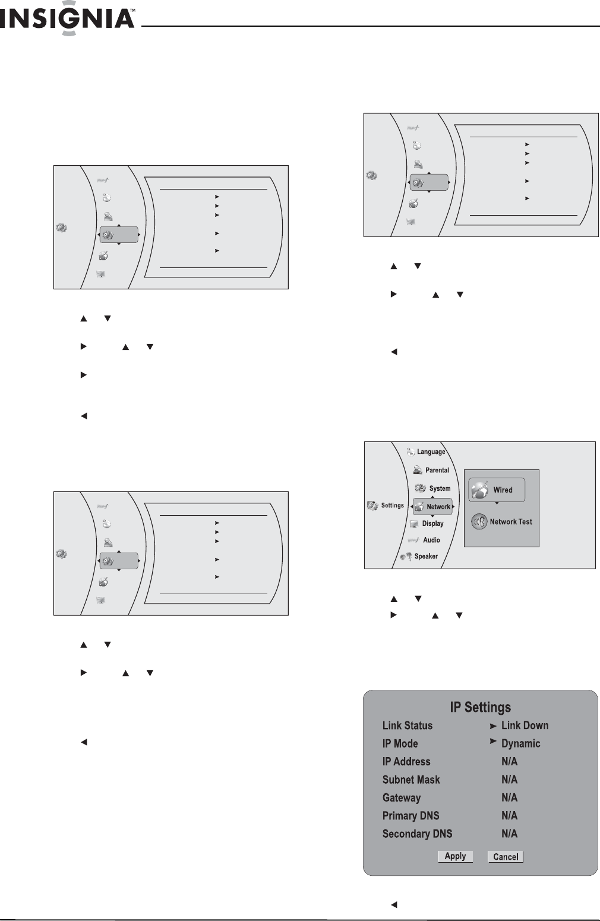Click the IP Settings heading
coord(480,707)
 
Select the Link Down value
coord(525,726)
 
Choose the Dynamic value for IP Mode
coord(520,743)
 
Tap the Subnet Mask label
coord(411,780)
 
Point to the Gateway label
coord(402,797)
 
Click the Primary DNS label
coord(410,815)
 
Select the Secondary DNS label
coord(417,834)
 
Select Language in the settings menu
coord(431,452)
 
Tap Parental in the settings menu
coord(437,470)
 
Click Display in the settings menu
coord(432,523)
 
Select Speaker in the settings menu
coord(426,556)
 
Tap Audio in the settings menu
coord(431,540)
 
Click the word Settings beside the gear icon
coord(392,506)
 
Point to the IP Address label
coord(406,762)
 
